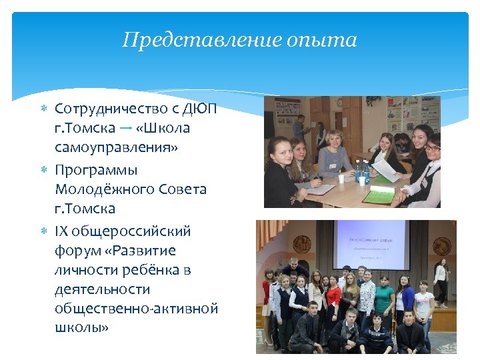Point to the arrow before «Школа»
click(125, 127)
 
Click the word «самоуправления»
click(117, 147)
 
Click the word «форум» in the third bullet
click(77, 251)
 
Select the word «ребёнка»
click(146, 270)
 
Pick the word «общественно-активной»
click(137, 309)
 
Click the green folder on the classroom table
click(383, 196)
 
